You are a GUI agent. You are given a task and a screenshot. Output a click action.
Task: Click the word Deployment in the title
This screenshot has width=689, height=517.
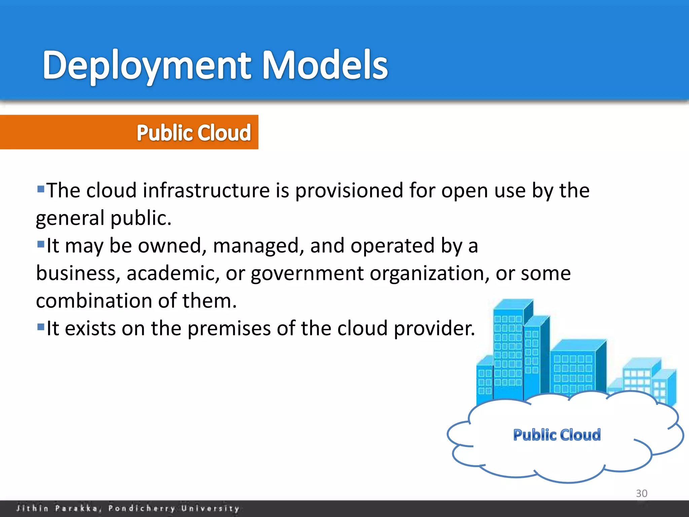pyautogui.click(x=147, y=66)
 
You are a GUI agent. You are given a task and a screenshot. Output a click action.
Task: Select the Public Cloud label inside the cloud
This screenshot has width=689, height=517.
pyautogui.click(x=557, y=435)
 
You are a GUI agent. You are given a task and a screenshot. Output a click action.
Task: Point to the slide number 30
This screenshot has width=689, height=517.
pyautogui.click(x=642, y=493)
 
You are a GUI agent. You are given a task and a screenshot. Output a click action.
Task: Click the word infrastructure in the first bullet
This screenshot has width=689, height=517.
pyautogui.click(x=206, y=191)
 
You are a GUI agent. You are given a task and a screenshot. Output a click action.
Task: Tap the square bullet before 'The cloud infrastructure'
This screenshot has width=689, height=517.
pyautogui.click(x=41, y=188)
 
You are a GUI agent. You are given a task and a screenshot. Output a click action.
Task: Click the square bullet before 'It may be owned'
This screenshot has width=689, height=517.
pyautogui.click(x=41, y=244)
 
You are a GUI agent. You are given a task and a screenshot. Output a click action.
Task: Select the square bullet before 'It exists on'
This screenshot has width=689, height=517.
pyautogui.click(x=41, y=326)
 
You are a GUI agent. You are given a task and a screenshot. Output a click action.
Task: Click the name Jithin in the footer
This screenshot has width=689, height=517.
pyautogui.click(x=32, y=508)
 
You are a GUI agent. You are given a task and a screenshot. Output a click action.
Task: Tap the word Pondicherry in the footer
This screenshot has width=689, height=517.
pyautogui.click(x=141, y=508)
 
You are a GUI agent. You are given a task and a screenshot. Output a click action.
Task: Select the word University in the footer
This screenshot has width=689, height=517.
pyautogui.click(x=210, y=508)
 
